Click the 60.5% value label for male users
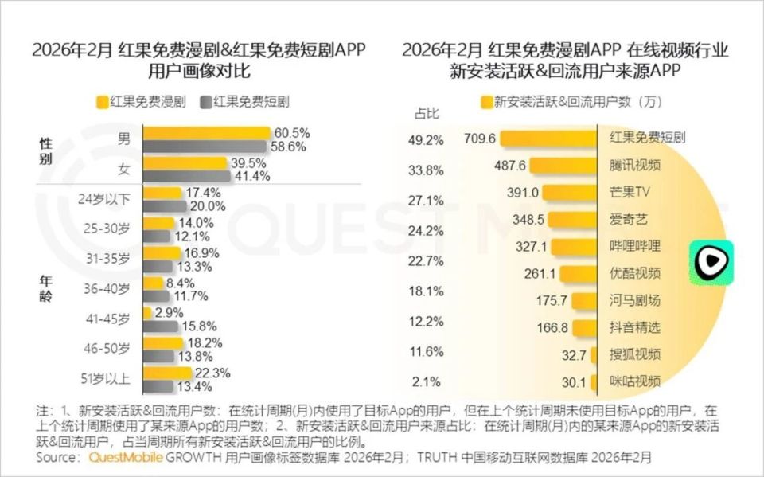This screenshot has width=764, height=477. coord(291,133)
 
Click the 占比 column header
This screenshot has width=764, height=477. coord(427,113)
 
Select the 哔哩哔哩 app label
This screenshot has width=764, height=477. coord(635,246)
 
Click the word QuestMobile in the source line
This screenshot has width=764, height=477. coord(126,458)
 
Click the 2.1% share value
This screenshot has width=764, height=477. coord(427,381)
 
